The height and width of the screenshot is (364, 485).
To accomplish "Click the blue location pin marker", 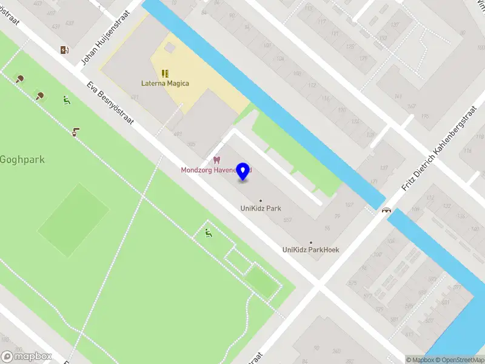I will coord(243,171).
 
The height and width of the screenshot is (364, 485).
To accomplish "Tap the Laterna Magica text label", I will coord(165,84).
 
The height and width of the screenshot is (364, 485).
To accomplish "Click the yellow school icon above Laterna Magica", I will coord(165,73).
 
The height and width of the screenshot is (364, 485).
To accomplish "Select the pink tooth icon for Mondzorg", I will coord(215,160).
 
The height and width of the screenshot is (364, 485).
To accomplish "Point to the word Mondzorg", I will coord(196,170).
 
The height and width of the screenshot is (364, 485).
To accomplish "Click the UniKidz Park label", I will coord(261,209).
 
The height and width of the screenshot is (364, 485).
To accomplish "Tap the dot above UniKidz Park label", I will coord(261,201).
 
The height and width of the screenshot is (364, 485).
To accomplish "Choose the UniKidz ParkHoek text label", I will coord(310,250).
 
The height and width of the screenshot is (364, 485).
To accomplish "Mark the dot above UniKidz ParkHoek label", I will coord(311,242).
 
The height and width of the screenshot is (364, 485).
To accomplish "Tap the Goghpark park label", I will coord(22,160).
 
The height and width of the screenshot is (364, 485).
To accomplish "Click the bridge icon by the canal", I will coord(386,211).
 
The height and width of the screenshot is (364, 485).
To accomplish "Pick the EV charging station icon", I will coord(64,50).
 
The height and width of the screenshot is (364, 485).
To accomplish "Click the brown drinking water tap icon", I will coord(76,132).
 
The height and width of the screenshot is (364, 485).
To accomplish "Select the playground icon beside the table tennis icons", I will coord(66,101).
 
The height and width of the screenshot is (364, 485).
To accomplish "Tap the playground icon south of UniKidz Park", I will coord(209,232).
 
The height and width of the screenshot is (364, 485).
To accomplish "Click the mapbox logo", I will coord(27,357).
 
